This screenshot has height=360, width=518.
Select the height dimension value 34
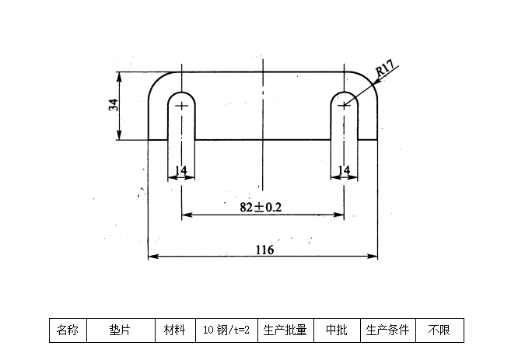[114, 105]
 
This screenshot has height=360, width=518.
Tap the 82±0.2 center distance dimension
[261, 207]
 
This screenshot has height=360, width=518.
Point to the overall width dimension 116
[264, 249]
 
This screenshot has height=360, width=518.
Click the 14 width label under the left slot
[180, 170]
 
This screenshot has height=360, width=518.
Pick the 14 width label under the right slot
[343, 170]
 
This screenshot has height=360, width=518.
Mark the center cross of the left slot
[182, 105]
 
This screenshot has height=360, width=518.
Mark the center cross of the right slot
[344, 105]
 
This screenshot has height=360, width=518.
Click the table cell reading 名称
[68, 330]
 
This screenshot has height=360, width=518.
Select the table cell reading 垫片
[120, 330]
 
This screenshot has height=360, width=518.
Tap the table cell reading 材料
[174, 330]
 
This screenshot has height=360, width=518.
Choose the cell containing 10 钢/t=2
[226, 330]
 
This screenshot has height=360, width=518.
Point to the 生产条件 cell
[388, 330]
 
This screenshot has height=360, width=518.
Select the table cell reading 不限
[439, 330]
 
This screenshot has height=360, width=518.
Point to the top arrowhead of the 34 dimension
[120, 75]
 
